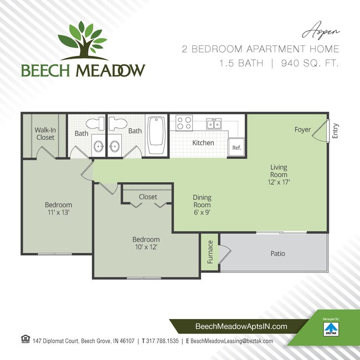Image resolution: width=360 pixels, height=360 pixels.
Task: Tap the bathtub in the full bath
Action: click(x=156, y=136)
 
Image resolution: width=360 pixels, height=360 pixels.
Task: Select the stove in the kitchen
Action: click(x=183, y=122)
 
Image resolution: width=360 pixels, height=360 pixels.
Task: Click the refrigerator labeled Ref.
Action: click(x=236, y=148)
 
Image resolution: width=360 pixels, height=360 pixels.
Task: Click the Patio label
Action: click(x=278, y=254)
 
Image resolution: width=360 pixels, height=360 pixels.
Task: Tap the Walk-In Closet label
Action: click(x=45, y=133)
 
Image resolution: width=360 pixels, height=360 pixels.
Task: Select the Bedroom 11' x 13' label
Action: click(x=58, y=208)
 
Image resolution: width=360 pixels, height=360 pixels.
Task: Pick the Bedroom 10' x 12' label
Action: click(x=146, y=243)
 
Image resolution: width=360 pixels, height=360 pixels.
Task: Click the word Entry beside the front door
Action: click(x=335, y=131)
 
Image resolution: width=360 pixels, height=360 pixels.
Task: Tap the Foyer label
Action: click(x=302, y=130)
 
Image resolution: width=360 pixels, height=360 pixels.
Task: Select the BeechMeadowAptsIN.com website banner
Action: click(x=242, y=327)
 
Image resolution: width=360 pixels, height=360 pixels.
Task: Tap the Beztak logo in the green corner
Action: click(x=332, y=328)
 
